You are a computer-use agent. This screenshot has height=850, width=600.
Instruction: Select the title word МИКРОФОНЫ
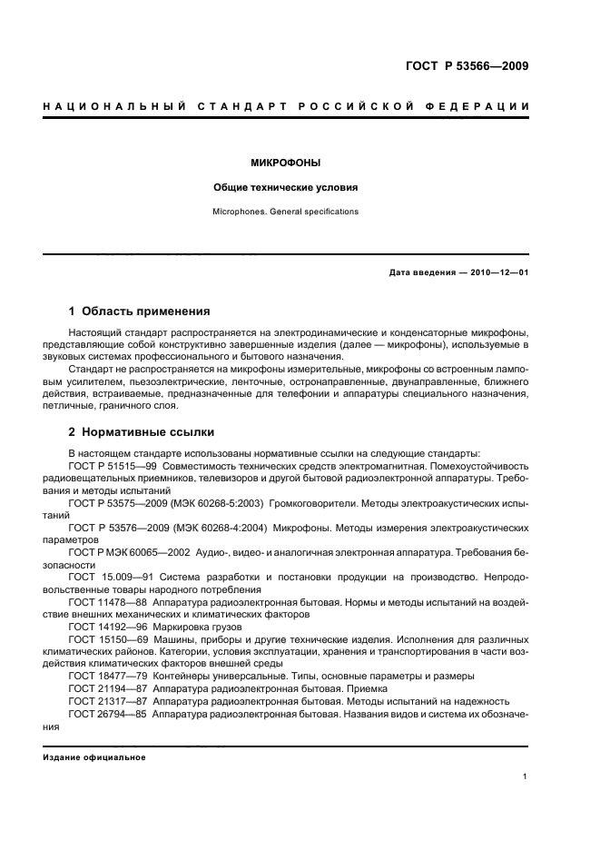pos(285,164)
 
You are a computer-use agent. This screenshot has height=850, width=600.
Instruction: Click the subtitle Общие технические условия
pos(285,188)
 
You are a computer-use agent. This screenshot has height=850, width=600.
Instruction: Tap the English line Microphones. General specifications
pos(285,212)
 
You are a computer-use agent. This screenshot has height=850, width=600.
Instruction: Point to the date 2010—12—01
pos(498,273)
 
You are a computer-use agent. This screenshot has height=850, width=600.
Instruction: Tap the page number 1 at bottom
pos(526,776)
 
